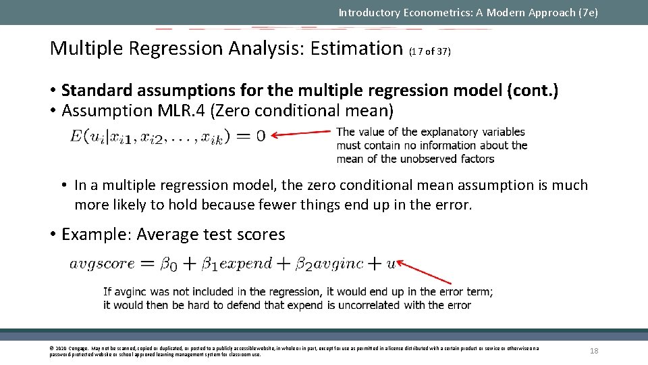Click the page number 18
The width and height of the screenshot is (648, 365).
tap(594, 351)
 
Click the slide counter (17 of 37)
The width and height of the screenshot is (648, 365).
tap(429, 51)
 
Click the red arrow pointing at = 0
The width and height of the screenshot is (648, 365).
tap(303, 133)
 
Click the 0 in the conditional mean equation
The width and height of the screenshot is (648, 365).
tap(261, 136)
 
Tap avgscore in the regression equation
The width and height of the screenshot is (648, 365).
tap(102, 264)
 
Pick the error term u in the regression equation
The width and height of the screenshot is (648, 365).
tap(391, 264)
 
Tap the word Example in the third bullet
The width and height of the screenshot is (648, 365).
tap(93, 235)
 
